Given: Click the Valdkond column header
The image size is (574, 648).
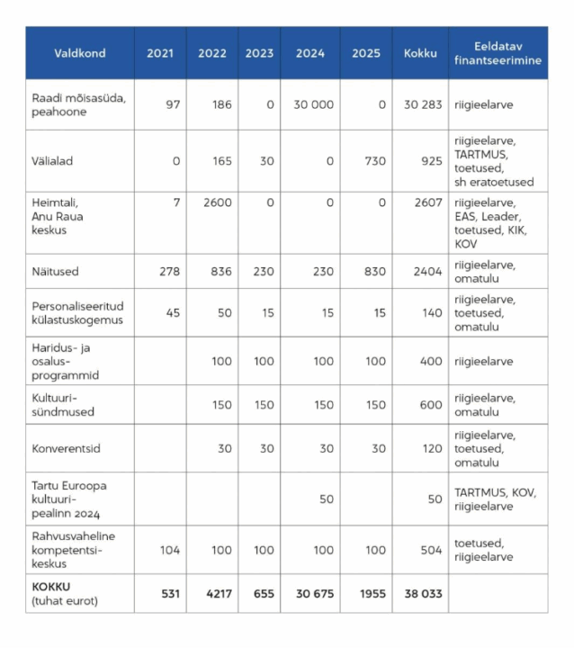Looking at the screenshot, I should (79, 53).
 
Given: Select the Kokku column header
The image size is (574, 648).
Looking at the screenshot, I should (420, 53).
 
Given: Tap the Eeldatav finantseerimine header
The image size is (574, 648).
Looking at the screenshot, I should (498, 53).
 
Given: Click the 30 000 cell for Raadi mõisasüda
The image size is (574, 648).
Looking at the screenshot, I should (313, 104).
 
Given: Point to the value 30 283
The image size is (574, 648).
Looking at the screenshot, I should (423, 104).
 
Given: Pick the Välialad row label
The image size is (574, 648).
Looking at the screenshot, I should (52, 161).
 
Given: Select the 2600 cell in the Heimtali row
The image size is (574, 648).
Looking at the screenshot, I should (217, 202).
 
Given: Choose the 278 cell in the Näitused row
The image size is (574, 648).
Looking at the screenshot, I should (168, 271).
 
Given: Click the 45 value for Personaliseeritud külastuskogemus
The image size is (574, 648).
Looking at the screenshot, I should (172, 312).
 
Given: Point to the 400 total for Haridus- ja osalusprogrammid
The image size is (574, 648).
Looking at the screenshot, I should (429, 361).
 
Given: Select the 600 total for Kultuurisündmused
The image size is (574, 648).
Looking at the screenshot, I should (429, 404).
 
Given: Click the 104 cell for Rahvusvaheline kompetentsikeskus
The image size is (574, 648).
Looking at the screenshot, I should (168, 550).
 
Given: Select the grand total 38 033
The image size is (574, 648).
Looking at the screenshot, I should (423, 593).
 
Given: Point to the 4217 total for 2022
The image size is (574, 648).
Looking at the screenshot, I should (214, 593).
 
